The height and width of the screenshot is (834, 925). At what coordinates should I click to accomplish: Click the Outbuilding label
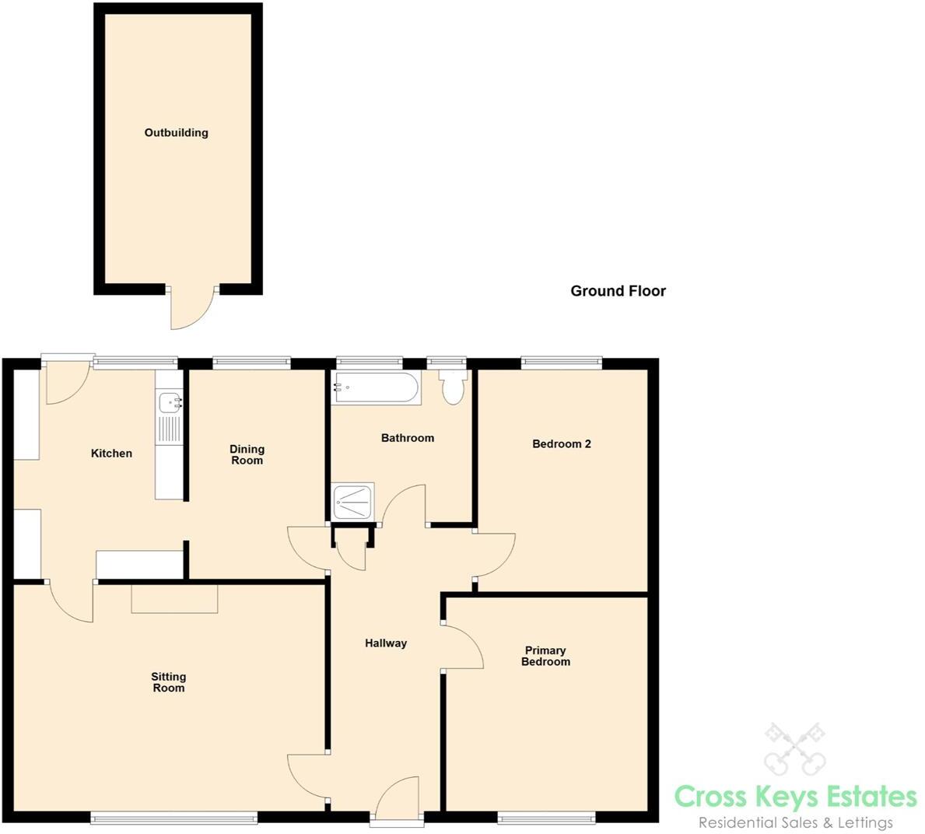click(x=177, y=133)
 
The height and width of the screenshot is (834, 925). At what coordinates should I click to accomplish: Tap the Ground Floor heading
click(x=618, y=291)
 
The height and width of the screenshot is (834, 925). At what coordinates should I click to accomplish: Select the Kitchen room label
click(x=111, y=454)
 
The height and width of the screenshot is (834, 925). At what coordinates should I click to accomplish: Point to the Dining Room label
click(x=247, y=454)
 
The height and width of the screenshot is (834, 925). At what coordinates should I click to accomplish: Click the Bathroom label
click(x=407, y=438)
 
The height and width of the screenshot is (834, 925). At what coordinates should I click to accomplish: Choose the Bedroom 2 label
click(x=561, y=444)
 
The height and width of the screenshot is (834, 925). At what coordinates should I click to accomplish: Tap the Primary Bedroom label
click(x=545, y=656)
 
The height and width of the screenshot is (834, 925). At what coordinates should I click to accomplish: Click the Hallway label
click(x=386, y=643)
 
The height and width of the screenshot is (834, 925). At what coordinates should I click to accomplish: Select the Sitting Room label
click(x=168, y=682)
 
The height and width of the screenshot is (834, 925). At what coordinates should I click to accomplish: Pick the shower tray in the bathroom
click(x=352, y=502)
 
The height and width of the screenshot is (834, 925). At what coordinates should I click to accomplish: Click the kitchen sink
click(x=170, y=403)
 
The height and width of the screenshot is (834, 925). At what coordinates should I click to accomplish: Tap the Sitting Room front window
click(x=173, y=817)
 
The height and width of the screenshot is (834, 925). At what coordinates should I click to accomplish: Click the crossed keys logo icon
click(x=794, y=748)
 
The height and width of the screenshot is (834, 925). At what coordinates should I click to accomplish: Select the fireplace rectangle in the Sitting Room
click(x=174, y=598)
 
